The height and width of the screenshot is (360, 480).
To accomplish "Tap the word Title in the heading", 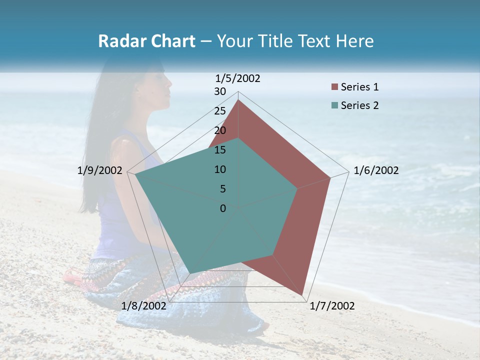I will (x=275, y=41).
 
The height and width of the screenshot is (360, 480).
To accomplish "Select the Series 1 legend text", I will (x=359, y=87).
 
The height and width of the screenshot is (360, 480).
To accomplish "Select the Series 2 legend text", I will (x=359, y=105).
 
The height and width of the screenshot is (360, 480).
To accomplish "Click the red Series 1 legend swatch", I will (x=334, y=87).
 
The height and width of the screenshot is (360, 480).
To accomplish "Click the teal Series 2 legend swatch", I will (x=334, y=105).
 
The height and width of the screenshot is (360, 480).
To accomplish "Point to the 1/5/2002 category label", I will (x=238, y=78).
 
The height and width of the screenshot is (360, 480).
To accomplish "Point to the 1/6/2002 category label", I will (x=376, y=170).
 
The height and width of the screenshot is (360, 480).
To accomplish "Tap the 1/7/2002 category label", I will (x=332, y=306).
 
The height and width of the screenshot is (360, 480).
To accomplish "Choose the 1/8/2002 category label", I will (x=143, y=306).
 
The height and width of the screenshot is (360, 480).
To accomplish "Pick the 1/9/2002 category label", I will (x=100, y=170).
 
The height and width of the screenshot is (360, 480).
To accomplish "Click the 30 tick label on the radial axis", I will (x=220, y=91).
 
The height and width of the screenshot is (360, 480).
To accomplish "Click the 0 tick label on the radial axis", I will (x=223, y=208).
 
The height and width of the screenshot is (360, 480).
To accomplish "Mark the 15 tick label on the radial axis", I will (x=220, y=150).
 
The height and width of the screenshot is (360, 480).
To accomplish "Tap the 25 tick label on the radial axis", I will (x=220, y=111).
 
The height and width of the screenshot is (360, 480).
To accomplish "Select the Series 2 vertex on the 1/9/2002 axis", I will (x=135, y=174).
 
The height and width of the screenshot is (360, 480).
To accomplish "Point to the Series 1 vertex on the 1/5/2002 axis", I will (x=238, y=100).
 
